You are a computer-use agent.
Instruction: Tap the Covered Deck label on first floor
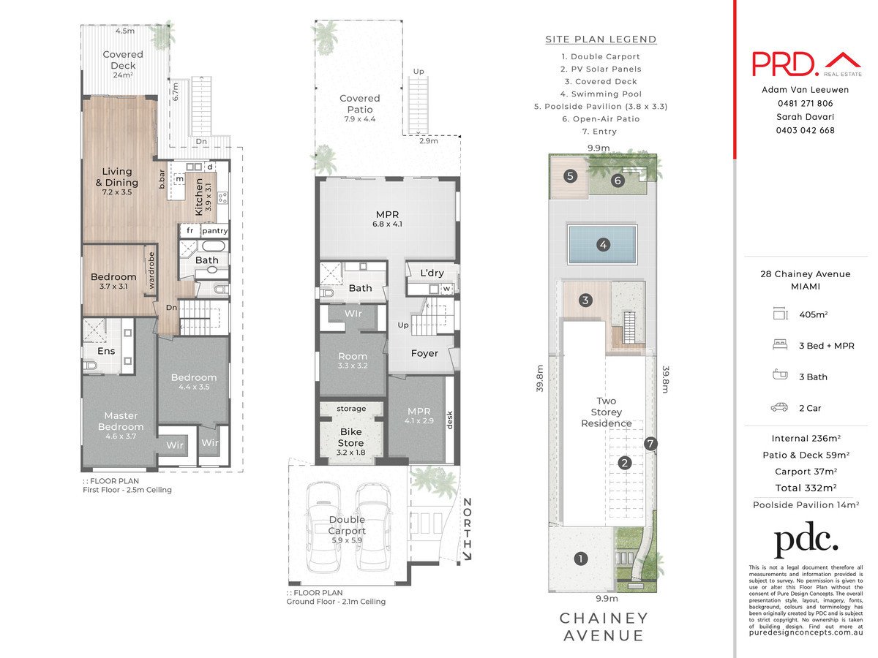(123, 60)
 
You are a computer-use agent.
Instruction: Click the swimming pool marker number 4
(603, 245)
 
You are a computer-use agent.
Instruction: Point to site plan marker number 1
(581, 559)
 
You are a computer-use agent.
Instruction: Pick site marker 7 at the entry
(651, 444)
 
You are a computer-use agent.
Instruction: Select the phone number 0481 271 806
(805, 103)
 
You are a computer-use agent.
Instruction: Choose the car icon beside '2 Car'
(779, 407)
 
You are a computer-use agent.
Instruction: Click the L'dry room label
(432, 273)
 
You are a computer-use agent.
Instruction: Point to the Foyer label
(424, 353)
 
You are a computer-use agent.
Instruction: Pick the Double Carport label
(346, 525)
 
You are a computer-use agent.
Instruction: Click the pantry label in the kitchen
(215, 231)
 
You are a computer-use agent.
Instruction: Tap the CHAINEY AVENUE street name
(604, 627)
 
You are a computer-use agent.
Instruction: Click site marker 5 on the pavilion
(570, 175)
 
